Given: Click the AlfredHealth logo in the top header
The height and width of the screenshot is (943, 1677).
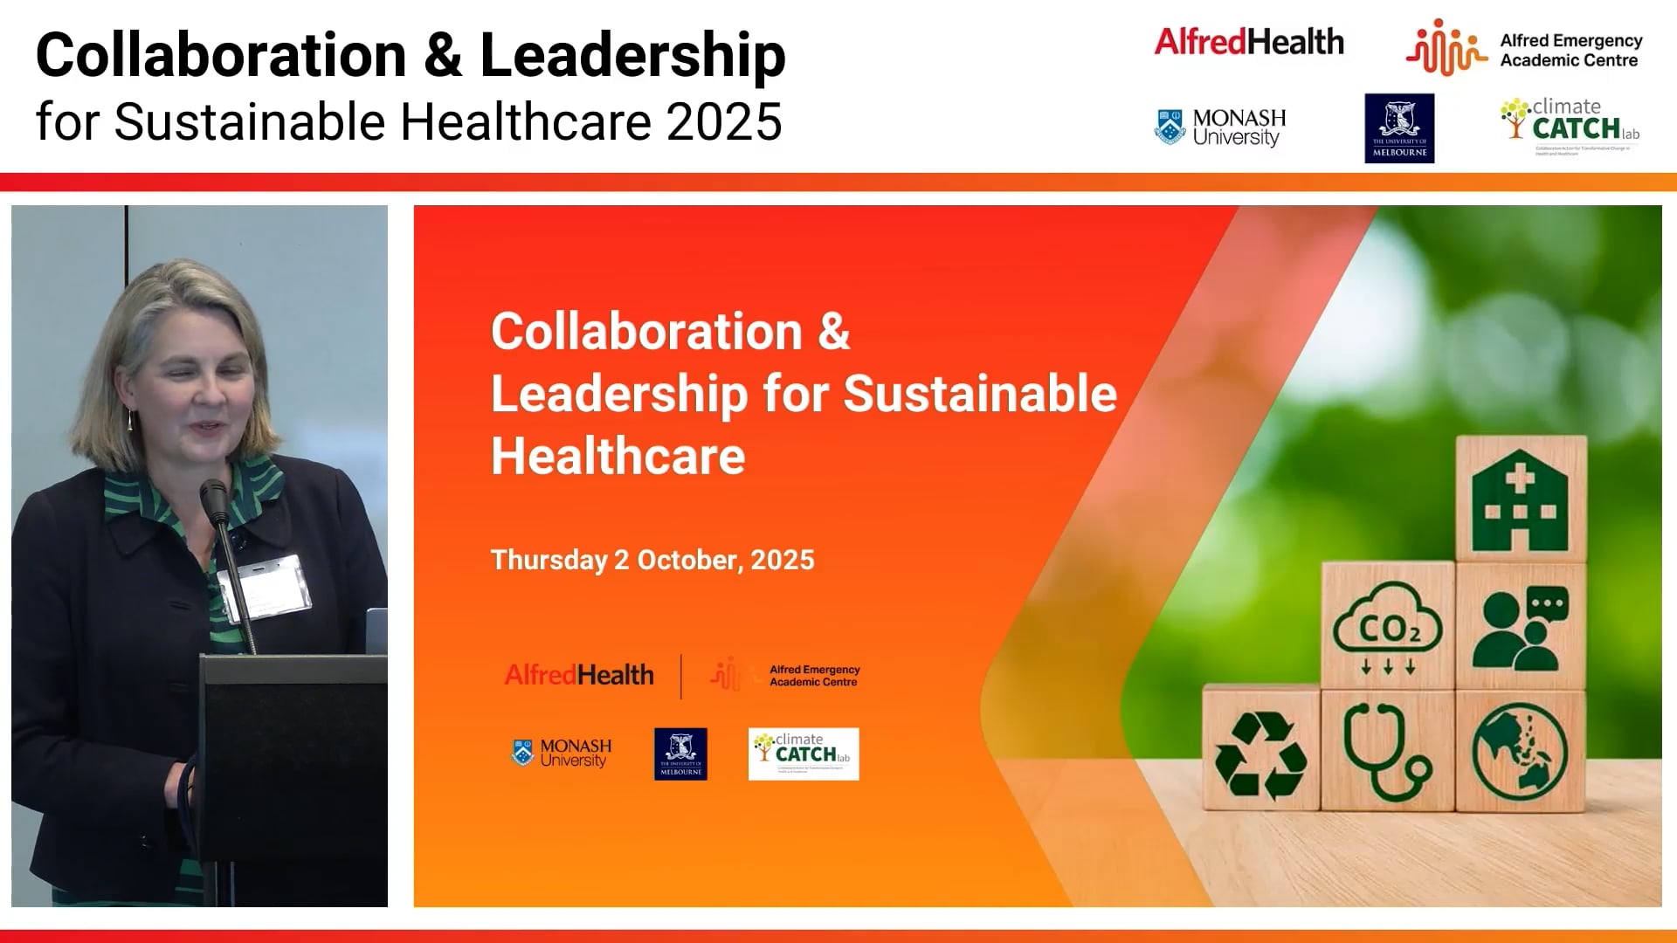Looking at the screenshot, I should point(1248,42).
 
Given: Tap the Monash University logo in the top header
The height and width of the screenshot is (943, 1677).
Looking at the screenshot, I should point(1220,127).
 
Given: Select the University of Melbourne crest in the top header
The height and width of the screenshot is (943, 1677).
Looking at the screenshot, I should point(1399,127).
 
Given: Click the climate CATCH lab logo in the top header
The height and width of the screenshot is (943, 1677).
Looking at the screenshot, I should point(1570,124).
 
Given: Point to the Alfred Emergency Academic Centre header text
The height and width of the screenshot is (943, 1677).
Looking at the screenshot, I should point(1570,51).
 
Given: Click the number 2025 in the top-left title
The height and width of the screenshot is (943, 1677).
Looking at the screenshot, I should point(724,121).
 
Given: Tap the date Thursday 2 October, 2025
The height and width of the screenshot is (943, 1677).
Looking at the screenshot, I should point(652,560).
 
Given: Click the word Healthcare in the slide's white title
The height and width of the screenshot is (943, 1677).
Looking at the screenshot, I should point(618,456).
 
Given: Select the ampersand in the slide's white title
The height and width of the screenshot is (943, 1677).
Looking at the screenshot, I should point(833,332).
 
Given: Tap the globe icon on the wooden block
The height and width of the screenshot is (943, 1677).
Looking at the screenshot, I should point(1520,752).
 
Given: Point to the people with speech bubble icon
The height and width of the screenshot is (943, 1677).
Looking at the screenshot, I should point(1521,627).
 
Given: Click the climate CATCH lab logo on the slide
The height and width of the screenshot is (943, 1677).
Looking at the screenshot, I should point(804,754).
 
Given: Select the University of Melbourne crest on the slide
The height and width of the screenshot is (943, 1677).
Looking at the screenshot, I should point(680,754).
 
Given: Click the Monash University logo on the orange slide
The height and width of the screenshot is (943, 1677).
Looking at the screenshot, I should point(562,753).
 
